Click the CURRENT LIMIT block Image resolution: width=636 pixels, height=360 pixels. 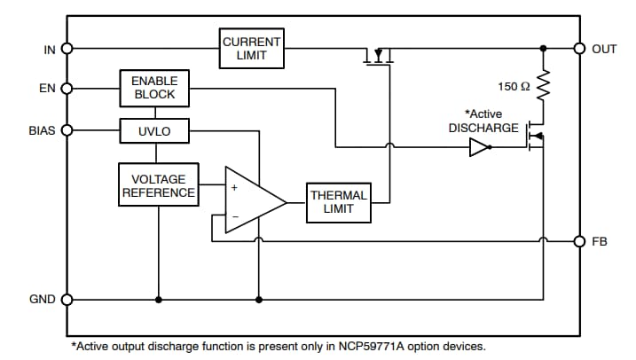pos(252,49)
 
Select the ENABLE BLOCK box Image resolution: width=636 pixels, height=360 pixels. pos(154,88)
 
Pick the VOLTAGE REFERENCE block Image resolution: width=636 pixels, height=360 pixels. pos(159,185)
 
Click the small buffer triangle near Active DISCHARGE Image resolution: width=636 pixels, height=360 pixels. pos(479,148)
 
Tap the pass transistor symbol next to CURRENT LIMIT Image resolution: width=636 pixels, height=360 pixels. pos(379,58)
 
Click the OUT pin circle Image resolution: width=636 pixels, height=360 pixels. pos(579,49)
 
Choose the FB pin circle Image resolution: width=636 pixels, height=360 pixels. pos(579,241)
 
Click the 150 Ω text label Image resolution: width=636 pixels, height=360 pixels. pos(514,86)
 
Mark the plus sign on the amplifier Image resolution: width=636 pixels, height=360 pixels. pos(235,188)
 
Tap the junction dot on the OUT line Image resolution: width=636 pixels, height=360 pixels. pos(543,49)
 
